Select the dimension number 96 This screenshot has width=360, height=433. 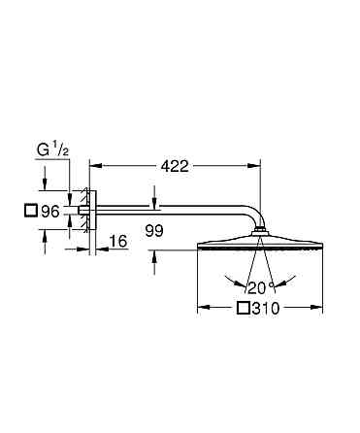tap(49, 210)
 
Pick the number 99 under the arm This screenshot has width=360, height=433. tap(152, 230)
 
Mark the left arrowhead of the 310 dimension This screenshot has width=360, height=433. tap(203, 310)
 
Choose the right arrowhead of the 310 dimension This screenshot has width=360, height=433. tap(317, 310)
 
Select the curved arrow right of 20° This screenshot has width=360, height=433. tap(281, 283)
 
